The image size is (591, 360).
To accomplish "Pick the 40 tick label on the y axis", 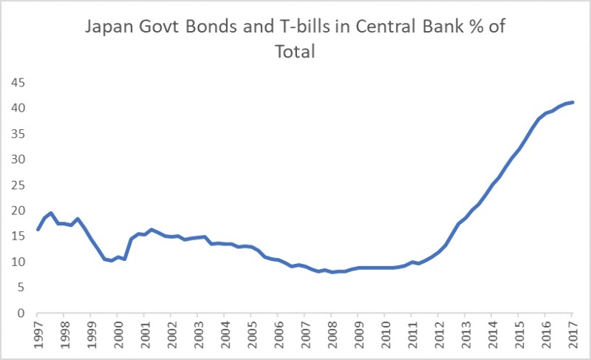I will pos(16,108).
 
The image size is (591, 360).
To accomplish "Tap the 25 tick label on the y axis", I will pos(16,185).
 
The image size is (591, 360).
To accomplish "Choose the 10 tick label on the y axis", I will pos(16,262).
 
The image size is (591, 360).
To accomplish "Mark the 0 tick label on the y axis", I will pos(20,313).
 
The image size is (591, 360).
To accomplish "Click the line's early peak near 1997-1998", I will pos(51,213).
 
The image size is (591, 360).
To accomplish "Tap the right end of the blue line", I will pos(573,102).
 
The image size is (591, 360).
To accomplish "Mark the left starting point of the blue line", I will pos(38,229).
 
